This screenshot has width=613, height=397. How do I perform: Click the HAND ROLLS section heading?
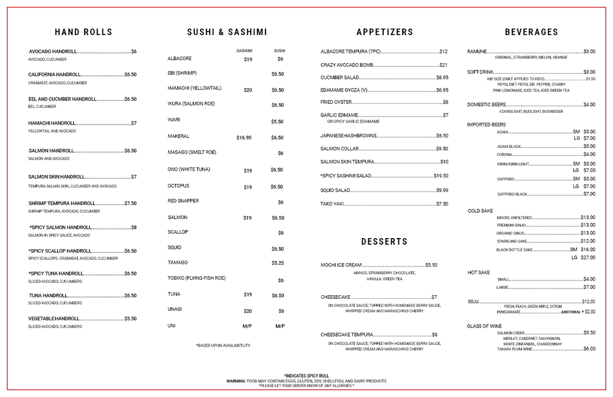(x=83, y=32)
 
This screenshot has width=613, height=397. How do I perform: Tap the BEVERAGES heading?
(x=531, y=32)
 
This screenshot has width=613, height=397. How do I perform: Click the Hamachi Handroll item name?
(x=51, y=123)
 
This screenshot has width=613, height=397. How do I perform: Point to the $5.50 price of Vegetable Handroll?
(x=131, y=319)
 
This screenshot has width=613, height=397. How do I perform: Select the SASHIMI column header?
(x=245, y=50)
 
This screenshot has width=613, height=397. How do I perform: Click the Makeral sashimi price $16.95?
(x=244, y=138)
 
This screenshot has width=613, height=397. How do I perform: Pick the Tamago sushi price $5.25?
(x=278, y=263)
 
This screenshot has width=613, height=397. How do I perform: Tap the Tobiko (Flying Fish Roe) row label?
(x=197, y=278)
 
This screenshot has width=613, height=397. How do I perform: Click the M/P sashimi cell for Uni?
(x=248, y=326)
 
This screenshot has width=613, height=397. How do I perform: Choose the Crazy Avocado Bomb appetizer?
(x=347, y=65)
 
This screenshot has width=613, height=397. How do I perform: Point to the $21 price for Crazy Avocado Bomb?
(x=443, y=65)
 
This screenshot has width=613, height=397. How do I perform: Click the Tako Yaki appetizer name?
(x=334, y=204)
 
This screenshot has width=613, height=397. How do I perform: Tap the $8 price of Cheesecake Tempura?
(x=434, y=334)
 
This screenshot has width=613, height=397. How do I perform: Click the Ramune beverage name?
(x=478, y=52)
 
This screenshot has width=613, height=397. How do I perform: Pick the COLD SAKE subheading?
(x=480, y=211)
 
